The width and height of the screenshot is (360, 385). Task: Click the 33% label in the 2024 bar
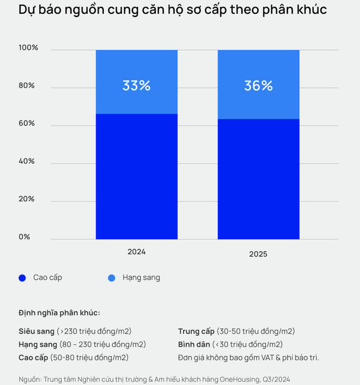(x=137, y=86)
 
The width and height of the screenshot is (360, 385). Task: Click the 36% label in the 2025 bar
(x=258, y=86)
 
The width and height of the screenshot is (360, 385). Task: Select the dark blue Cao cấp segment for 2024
(x=137, y=177)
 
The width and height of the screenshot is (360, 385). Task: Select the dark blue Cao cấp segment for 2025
(x=258, y=179)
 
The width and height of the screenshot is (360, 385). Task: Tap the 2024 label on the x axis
(x=137, y=252)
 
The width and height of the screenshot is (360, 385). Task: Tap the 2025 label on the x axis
(x=258, y=254)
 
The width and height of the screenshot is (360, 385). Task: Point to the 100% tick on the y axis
(x=29, y=48)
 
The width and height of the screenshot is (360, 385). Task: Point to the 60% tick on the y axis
(x=26, y=123)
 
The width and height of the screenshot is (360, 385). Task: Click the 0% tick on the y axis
(x=24, y=236)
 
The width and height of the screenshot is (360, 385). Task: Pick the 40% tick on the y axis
(x=26, y=161)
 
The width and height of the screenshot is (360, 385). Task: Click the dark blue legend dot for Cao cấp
(x=22, y=278)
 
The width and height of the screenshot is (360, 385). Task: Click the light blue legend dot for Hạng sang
(x=112, y=278)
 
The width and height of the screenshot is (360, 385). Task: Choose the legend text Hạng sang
(x=141, y=277)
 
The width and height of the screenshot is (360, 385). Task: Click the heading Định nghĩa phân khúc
(x=59, y=313)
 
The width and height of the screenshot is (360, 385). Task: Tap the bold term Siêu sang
(x=37, y=331)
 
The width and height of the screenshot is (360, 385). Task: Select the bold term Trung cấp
(x=196, y=331)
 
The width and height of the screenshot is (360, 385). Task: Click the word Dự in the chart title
(x=26, y=10)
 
